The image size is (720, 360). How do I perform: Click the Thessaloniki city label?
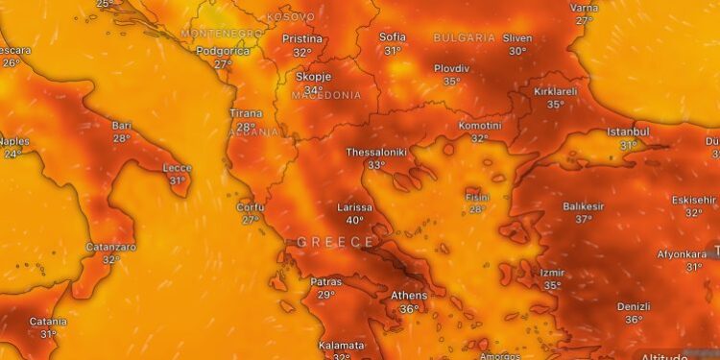(x=377, y=152)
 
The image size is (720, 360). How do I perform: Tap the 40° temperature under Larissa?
(x=355, y=220)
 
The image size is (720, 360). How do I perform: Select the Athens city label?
(x=409, y=295)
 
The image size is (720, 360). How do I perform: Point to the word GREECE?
(x=334, y=242)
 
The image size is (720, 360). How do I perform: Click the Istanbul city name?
(x=629, y=132)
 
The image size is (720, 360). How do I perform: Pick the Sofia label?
(x=393, y=37)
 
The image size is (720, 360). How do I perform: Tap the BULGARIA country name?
(x=465, y=37)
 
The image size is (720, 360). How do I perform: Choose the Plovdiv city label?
(x=451, y=68)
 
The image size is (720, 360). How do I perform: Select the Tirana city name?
(x=246, y=113)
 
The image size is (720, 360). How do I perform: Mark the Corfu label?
(x=251, y=206)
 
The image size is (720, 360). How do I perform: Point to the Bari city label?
(x=121, y=125)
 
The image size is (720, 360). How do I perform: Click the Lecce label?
(x=178, y=167)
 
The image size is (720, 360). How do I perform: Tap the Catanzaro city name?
(x=111, y=246)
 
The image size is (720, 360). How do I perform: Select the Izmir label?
(x=553, y=273)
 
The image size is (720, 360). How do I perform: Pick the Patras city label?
(x=326, y=281)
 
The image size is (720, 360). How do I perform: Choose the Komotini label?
(x=480, y=126)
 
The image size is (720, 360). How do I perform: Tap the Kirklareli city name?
(x=556, y=91)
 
